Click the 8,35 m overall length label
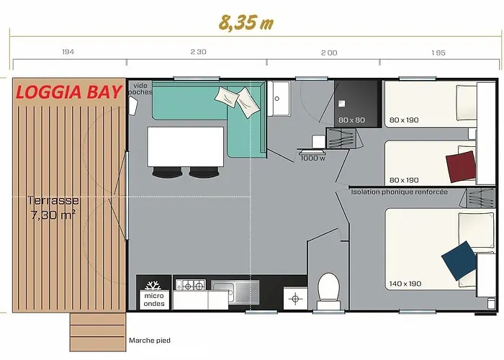pyautogui.click(x=246, y=22)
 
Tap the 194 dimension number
pyautogui.click(x=68, y=52)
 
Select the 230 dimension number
pyautogui.click(x=198, y=52)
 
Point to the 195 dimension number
pyautogui.click(x=438, y=53)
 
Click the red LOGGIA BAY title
pyautogui.click(x=69, y=92)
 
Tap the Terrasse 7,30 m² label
pyautogui.click(x=53, y=207)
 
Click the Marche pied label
pyautogui.click(x=150, y=341)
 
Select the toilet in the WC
pyautogui.click(x=328, y=292)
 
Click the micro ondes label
pyautogui.click(x=154, y=300)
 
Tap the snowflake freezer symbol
pyautogui.click(x=153, y=285)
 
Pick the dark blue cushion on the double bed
pyautogui.click(x=459, y=261)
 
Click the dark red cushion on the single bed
pyautogui.click(x=461, y=166)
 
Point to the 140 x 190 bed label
pyautogui.click(x=405, y=284)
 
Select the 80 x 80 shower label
pyautogui.click(x=351, y=120)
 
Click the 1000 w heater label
pyautogui.click(x=312, y=158)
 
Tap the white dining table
pyautogui.click(x=186, y=147)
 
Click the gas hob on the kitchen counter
pyautogui.click(x=190, y=285)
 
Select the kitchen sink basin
pyautogui.click(x=235, y=292)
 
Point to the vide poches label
pyautogui.click(x=140, y=89)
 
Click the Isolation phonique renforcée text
pyautogui.click(x=399, y=192)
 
